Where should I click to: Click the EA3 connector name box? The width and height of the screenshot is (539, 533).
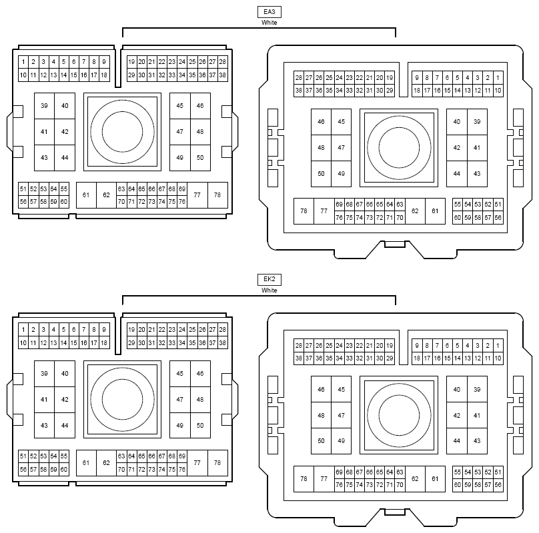tap(269, 12)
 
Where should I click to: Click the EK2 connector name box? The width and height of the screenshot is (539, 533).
tap(269, 280)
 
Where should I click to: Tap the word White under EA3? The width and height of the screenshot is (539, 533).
tap(269, 23)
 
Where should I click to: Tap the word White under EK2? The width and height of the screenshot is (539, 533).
tap(269, 290)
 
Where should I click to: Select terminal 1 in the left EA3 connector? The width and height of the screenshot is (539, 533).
tap(23, 62)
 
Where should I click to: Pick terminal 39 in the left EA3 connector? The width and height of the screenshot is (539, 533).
tap(44, 106)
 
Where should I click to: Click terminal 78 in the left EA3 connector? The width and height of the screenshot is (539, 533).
tap(217, 195)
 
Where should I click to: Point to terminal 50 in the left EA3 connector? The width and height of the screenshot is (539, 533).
tap(200, 158)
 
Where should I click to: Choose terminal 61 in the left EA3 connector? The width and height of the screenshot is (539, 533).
tap(86, 195)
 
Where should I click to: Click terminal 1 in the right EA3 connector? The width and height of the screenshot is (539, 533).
tap(498, 77)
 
